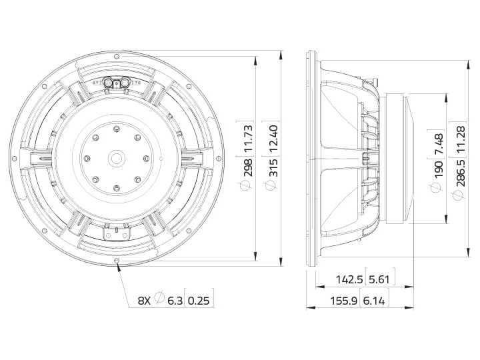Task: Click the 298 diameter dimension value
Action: tap(248, 167)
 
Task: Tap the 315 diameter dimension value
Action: tap(274, 167)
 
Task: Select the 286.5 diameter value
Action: tap(461, 173)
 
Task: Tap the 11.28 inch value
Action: tap(461, 140)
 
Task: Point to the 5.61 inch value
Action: tap(379, 279)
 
